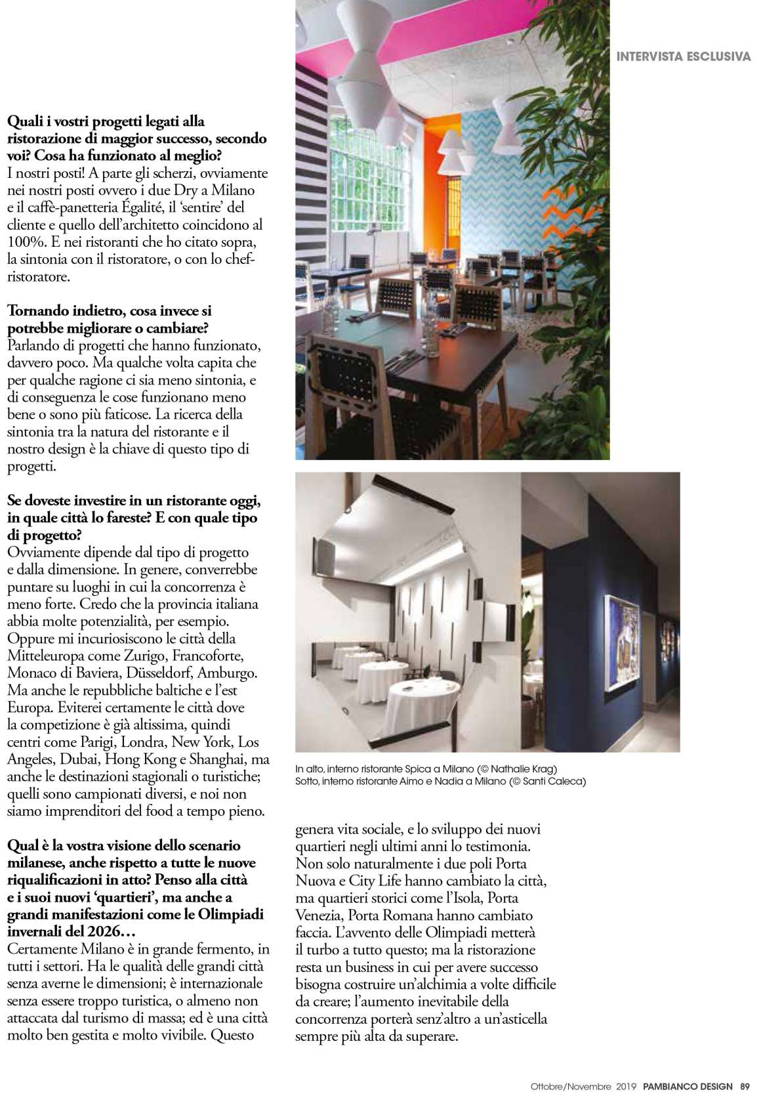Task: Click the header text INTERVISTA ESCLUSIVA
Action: coord(683,56)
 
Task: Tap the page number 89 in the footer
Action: coord(745,1085)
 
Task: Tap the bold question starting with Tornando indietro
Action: coord(108,319)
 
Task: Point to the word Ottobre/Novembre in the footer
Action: coord(571,1085)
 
